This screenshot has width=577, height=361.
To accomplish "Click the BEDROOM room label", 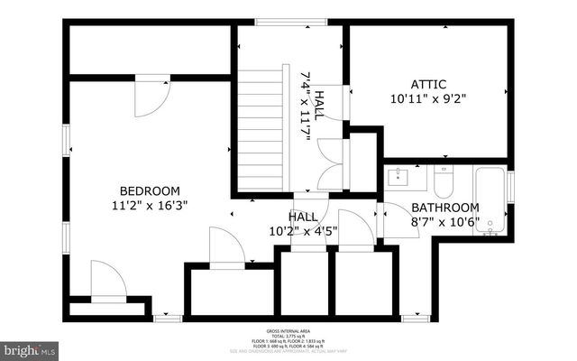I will pos(150,190).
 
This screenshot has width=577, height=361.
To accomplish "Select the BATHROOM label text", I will pos(445,207).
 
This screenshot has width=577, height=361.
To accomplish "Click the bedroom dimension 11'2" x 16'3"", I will pos(150,205).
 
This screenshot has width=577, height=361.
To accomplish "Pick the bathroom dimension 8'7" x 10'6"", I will pos(445,220).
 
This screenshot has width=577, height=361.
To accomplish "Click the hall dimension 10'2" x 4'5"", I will pos(302,231).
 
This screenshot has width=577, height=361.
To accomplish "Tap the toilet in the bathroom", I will pos(443,185).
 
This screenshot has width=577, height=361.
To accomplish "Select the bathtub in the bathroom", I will pos(490,200).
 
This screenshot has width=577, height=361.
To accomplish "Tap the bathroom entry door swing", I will pos(394,219).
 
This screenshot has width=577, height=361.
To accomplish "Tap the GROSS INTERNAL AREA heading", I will pos(288,331).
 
